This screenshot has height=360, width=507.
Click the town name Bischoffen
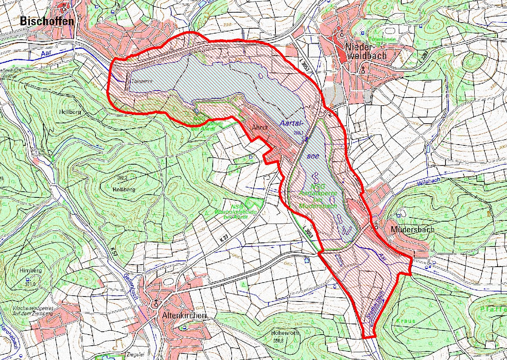48,21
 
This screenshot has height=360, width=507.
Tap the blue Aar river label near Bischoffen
46,53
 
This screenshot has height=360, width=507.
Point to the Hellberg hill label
70,111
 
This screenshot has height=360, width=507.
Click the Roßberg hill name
121,190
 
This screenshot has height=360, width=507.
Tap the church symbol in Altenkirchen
156,303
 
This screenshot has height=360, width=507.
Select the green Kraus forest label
405,321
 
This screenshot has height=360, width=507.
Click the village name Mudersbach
412,229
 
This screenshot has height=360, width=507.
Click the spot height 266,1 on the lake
298,133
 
